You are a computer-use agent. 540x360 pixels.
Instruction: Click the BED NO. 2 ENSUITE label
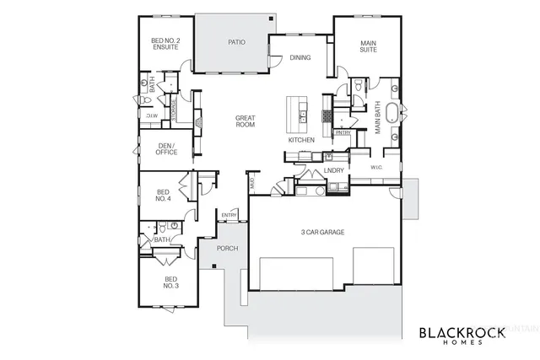(165, 44)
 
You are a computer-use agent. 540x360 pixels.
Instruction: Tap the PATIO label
(236, 41)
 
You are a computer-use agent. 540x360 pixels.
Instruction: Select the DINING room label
(300, 58)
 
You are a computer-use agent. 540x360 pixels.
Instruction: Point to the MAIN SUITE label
(368, 46)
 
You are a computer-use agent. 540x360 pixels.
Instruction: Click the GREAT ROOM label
(245, 121)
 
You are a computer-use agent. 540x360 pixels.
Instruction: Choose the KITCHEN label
(301, 140)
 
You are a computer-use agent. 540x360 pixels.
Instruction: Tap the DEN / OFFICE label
(167, 149)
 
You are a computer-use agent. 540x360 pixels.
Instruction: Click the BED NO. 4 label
(164, 196)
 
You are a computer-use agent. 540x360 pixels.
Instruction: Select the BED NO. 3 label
(170, 282)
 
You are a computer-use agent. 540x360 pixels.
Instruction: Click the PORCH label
(227, 249)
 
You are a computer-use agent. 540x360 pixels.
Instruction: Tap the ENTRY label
(229, 216)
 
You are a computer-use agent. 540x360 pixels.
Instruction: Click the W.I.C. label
(378, 167)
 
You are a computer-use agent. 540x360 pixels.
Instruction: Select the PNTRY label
(343, 132)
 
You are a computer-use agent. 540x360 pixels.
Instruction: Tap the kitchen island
(297, 110)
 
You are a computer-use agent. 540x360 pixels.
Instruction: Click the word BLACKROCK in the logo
(462, 332)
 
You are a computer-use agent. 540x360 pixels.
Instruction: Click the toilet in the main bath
(360, 85)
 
